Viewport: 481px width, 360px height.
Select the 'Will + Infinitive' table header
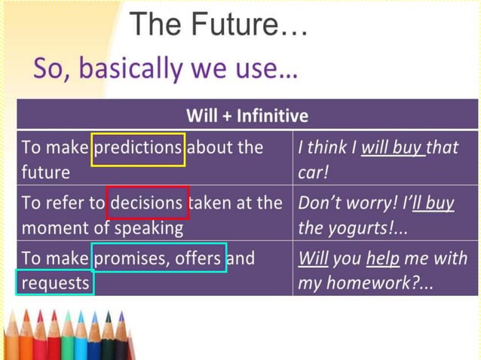point(247,115)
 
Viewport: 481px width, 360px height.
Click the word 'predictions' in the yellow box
point(138,147)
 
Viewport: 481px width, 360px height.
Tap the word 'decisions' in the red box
point(147,203)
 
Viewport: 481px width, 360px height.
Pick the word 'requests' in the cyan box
point(55,283)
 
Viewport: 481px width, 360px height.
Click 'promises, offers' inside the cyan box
point(158,258)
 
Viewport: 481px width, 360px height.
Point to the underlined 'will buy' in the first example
point(393,147)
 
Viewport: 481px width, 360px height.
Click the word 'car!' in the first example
point(311,172)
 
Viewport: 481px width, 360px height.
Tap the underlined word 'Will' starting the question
point(312,258)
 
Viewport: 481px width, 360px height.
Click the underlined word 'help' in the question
point(382,258)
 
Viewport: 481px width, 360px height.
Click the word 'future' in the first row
point(45,172)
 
